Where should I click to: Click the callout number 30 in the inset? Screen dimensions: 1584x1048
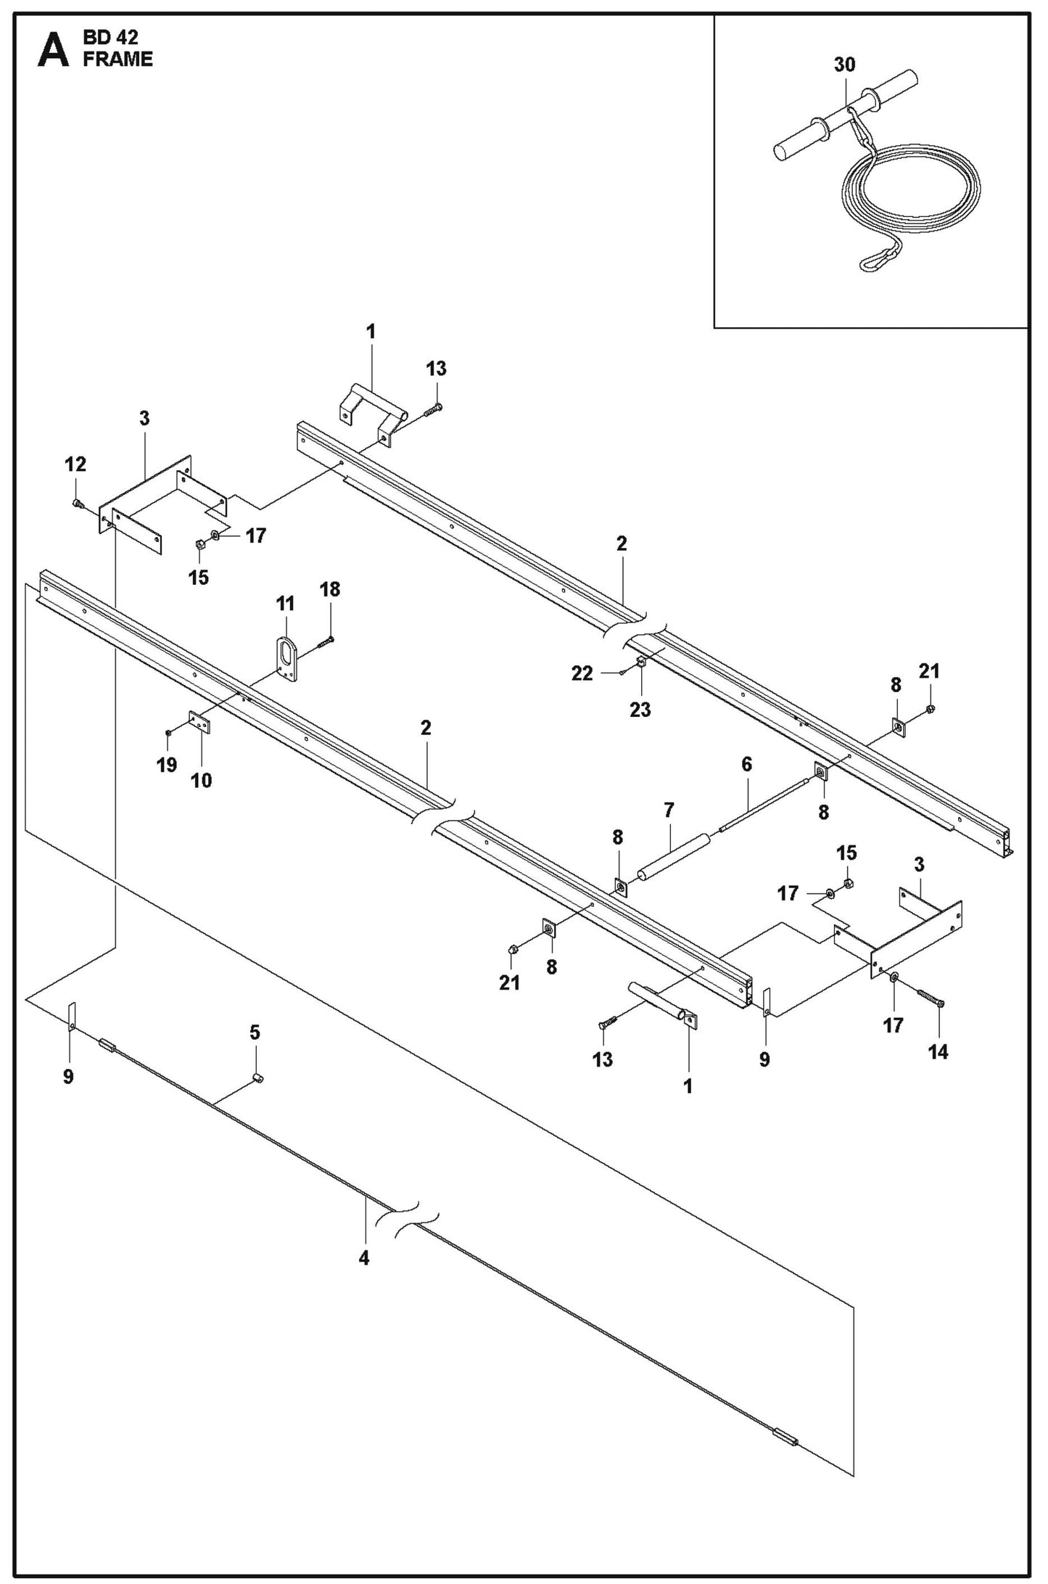[x=844, y=65]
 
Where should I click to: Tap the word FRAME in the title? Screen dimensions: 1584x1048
[x=117, y=59]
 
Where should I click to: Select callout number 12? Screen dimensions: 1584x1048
[x=75, y=464]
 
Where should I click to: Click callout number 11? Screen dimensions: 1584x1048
[x=285, y=603]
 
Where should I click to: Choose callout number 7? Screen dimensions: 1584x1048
[x=669, y=811]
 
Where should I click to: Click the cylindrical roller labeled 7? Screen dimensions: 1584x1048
[x=674, y=857]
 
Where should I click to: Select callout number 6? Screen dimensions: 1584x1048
[x=746, y=764]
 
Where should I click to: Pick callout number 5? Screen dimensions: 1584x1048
[x=255, y=1032]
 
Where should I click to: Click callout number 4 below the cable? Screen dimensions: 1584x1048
[x=364, y=1258]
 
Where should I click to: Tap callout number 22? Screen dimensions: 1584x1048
[x=582, y=673]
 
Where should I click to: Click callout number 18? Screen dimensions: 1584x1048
[x=330, y=589]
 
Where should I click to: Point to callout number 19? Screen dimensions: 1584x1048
[x=167, y=764]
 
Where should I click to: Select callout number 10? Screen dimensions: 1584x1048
[x=201, y=780]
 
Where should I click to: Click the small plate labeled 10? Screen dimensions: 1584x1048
[x=199, y=723]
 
